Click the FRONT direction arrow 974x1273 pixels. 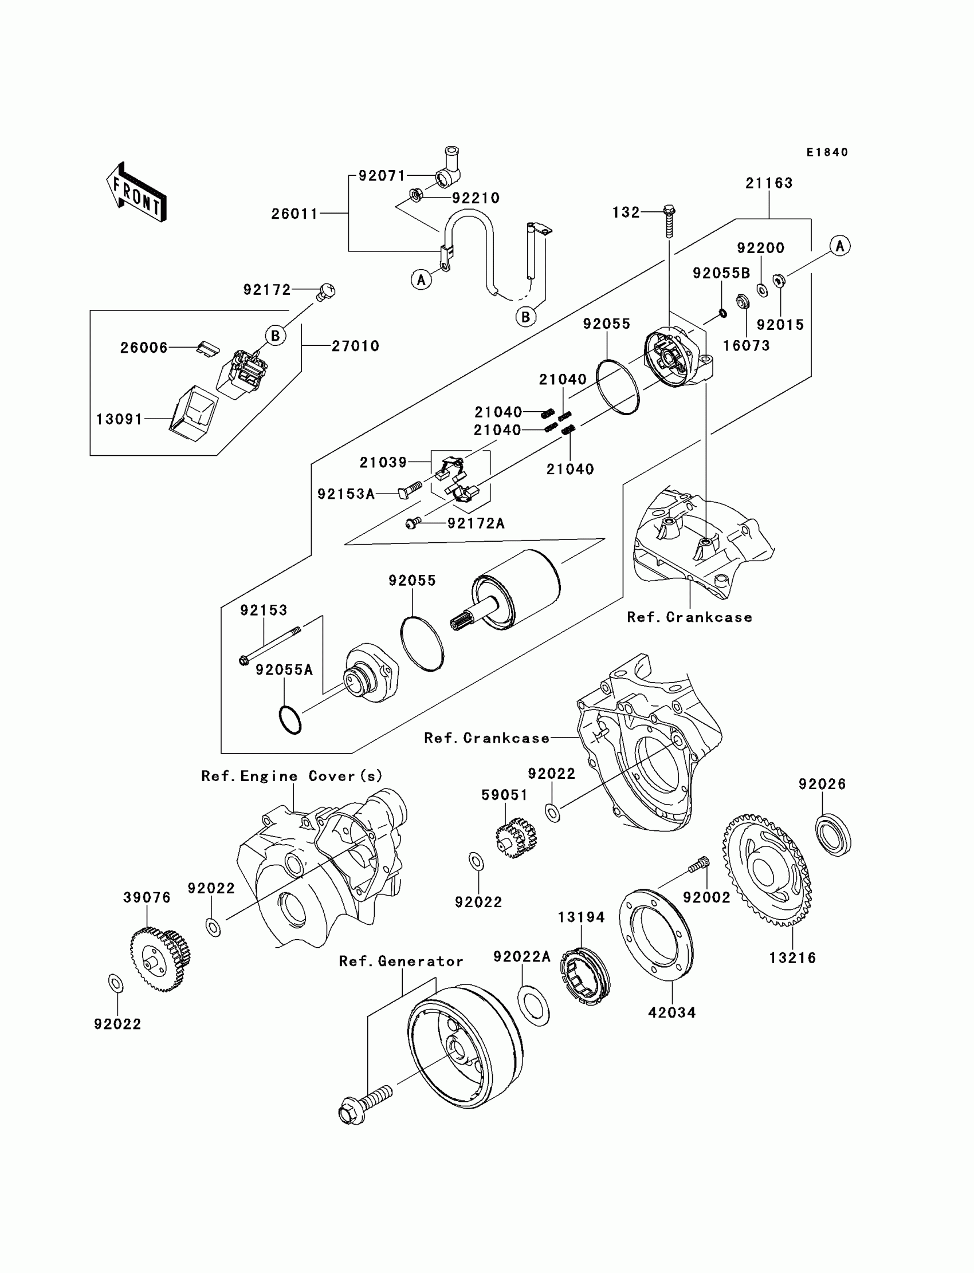[137, 192]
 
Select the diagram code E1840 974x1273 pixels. [827, 152]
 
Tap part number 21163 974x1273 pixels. [769, 183]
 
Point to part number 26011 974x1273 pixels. [294, 214]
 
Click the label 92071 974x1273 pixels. [382, 176]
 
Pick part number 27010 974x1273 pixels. [355, 346]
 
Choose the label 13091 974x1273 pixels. [119, 419]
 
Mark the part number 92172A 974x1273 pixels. [476, 523]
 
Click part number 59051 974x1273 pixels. [504, 795]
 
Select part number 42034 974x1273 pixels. [672, 1012]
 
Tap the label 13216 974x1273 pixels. [792, 958]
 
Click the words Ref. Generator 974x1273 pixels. [401, 961]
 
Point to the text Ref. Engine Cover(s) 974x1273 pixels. [292, 776]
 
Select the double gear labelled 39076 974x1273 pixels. [160, 959]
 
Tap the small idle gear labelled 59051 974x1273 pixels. [516, 837]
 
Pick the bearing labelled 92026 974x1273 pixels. [834, 834]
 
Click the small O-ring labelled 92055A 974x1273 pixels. [290, 720]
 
